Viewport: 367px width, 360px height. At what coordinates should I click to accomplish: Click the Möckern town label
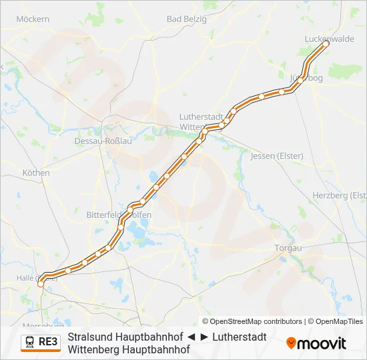point(32,19)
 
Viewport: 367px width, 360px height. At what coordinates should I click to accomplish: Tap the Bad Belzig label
point(184,19)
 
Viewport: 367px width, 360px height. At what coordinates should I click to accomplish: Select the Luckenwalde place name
point(329,39)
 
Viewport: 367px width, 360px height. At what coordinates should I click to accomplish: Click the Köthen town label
point(36,173)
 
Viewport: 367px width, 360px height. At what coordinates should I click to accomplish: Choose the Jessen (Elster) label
point(276,156)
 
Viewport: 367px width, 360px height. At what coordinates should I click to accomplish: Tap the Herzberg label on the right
point(339,195)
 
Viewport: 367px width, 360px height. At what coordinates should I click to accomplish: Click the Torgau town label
point(288,248)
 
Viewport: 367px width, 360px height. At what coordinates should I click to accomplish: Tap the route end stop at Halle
point(41,283)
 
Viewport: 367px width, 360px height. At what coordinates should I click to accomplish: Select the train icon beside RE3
point(30,343)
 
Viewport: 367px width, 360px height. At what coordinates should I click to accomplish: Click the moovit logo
point(316,343)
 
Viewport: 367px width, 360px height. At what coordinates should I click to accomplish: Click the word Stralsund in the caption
point(89,337)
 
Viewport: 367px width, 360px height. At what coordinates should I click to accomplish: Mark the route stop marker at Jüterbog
point(301,79)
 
